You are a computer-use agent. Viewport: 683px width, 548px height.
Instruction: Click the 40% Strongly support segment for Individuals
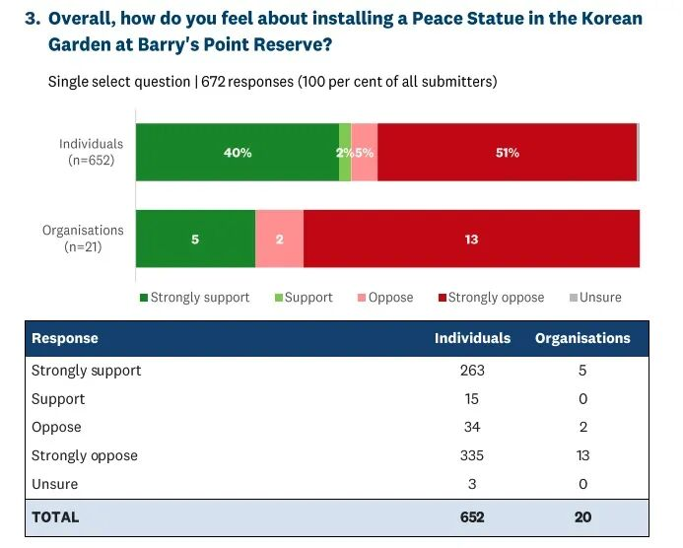[237, 153]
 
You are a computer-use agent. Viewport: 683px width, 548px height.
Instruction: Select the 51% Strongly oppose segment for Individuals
[507, 153]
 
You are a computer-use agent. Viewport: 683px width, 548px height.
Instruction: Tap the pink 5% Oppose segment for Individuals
[365, 153]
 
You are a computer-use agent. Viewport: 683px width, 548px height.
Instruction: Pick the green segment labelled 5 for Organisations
[195, 239]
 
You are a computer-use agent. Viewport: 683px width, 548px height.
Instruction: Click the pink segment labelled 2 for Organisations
[279, 239]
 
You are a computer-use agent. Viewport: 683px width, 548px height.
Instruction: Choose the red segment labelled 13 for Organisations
[471, 239]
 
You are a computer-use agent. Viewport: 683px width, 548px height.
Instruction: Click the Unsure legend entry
[595, 297]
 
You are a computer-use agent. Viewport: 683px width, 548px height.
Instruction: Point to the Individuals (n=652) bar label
[91, 152]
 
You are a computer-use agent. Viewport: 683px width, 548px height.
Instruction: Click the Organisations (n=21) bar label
[83, 238]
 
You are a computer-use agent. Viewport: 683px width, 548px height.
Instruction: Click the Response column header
[65, 338]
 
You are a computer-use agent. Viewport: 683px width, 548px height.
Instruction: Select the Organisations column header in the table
[582, 338]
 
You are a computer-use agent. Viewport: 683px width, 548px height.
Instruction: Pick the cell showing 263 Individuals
[472, 371]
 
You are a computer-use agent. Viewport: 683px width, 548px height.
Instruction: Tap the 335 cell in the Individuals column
[472, 455]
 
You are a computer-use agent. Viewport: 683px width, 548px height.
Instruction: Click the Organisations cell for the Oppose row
[582, 427]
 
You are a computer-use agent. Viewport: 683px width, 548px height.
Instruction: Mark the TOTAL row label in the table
[55, 516]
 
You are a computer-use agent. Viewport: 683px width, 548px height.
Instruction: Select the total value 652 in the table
[472, 516]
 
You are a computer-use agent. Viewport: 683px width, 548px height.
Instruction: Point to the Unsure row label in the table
[54, 484]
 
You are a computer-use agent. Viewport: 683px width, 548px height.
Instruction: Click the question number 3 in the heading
[31, 20]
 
